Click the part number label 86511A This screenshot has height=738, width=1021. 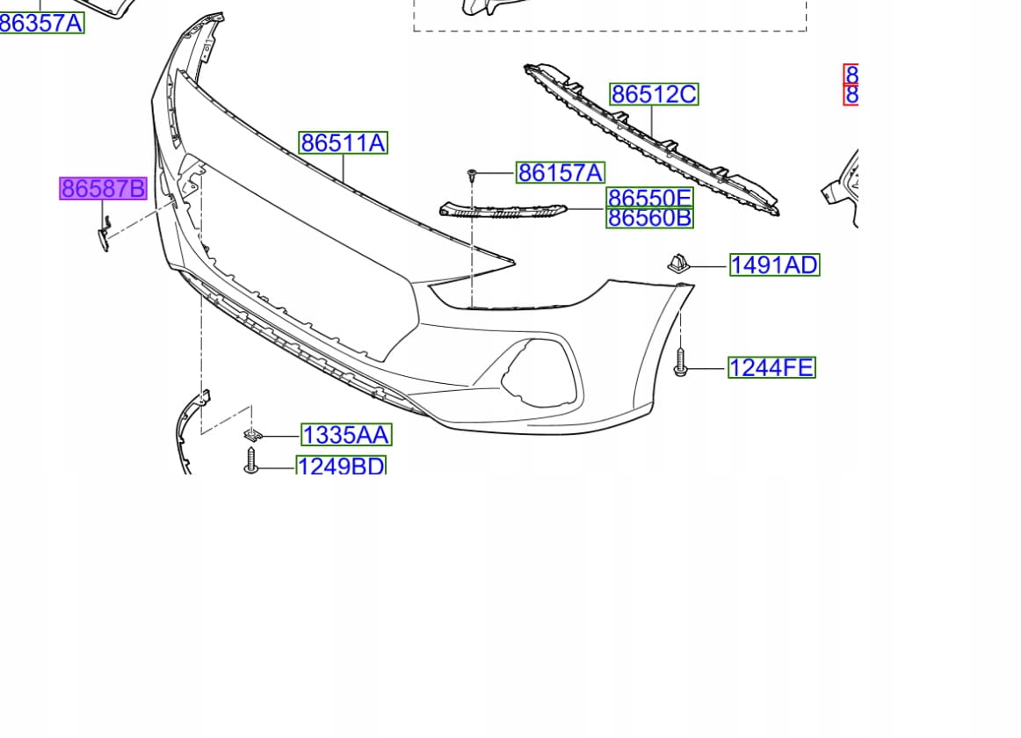tap(343, 142)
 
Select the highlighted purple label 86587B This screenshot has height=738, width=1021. tap(103, 188)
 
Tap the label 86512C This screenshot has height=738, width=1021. tap(654, 94)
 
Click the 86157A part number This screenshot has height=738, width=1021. tap(560, 173)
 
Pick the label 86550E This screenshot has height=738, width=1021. tap(649, 198)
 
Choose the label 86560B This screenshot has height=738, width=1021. tap(649, 218)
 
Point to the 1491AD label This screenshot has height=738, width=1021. tap(774, 264)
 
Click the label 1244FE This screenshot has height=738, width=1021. tap(771, 367)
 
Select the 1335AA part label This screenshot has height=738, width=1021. tap(346, 434)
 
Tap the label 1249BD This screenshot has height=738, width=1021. tap(341, 466)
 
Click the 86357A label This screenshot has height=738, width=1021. tap(41, 23)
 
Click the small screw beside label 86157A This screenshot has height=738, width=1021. tap(473, 175)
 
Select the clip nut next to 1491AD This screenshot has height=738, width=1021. tap(678, 262)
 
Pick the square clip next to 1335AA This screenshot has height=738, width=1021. tap(252, 435)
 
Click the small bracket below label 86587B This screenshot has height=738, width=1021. tap(104, 235)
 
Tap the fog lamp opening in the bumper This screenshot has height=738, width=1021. tap(538, 373)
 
